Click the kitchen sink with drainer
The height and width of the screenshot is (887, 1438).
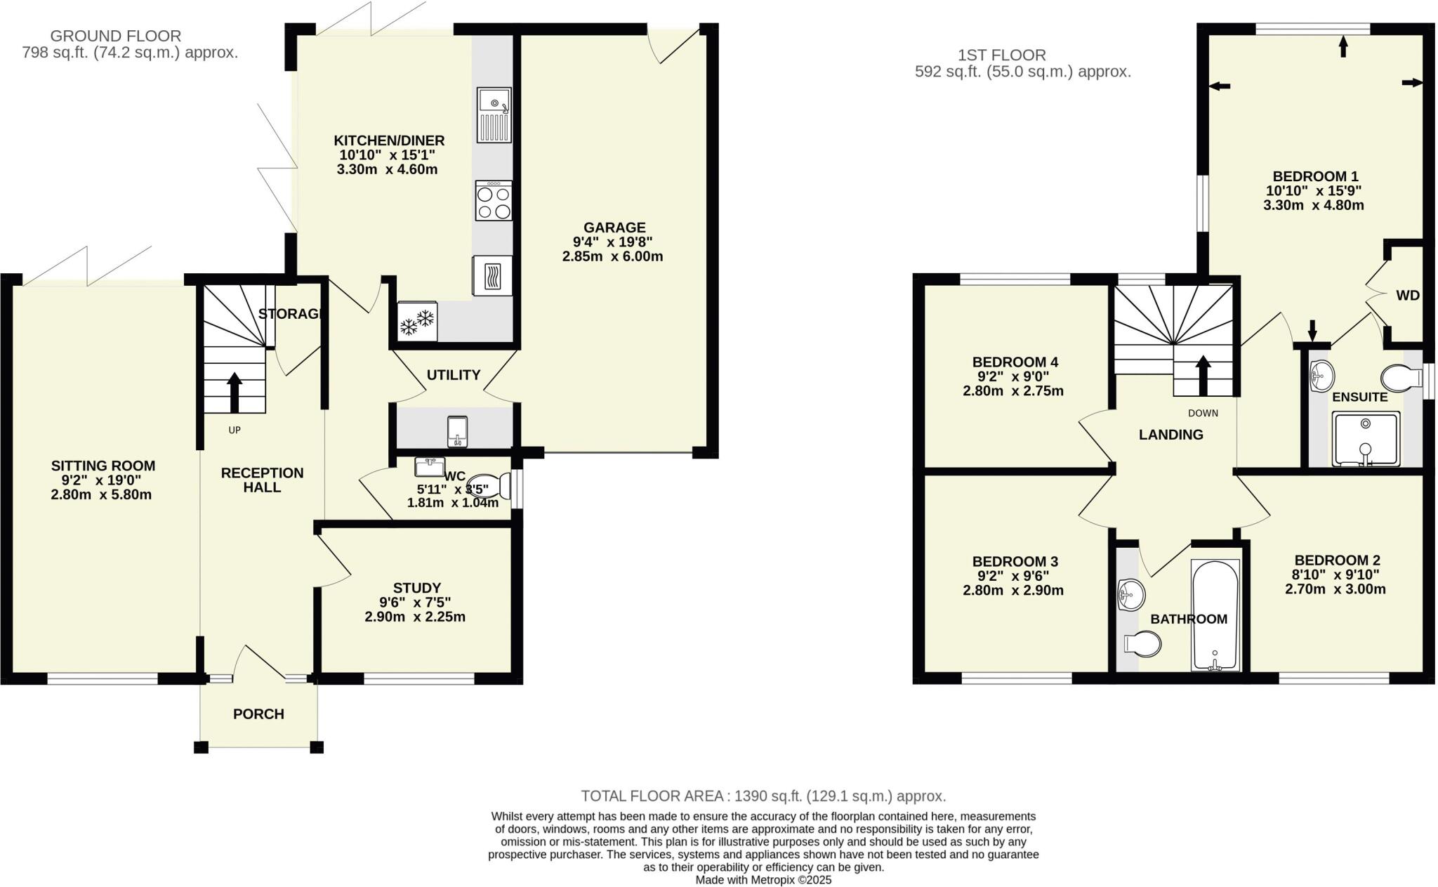[x=494, y=114]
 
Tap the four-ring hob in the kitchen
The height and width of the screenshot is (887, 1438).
[x=494, y=201]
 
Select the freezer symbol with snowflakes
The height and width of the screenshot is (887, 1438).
[x=417, y=322]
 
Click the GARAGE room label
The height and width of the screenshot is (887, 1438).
[x=614, y=228]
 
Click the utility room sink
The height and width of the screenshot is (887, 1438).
[x=457, y=431]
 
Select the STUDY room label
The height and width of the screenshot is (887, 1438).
[x=416, y=588]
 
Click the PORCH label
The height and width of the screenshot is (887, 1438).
[x=258, y=714]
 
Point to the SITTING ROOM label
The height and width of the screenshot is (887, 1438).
[x=103, y=466]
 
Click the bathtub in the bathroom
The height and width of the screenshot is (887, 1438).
[x=1215, y=615]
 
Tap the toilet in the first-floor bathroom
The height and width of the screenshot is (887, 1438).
[x=1142, y=643]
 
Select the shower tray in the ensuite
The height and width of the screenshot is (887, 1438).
[x=1365, y=439]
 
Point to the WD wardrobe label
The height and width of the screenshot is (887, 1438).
[x=1407, y=296]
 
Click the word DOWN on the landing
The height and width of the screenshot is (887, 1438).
[x=1203, y=413]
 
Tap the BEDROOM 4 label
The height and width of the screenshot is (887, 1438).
[x=1015, y=362]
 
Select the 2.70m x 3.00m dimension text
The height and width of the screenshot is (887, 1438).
[x=1335, y=589]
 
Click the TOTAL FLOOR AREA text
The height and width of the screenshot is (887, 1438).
[x=763, y=796]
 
